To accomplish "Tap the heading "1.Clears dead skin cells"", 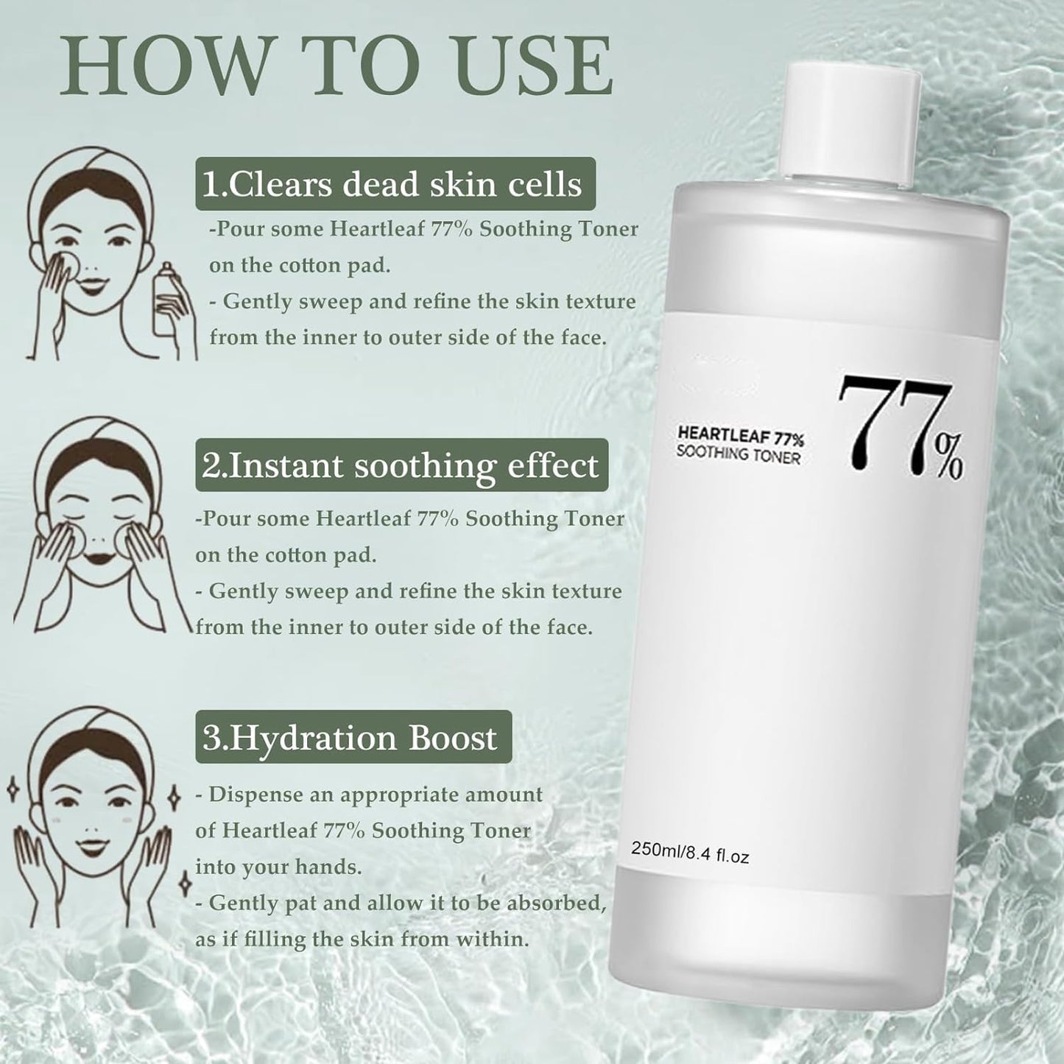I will [x=395, y=183].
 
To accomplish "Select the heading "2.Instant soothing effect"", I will [x=401, y=465].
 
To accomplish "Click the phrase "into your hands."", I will [x=278, y=867].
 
